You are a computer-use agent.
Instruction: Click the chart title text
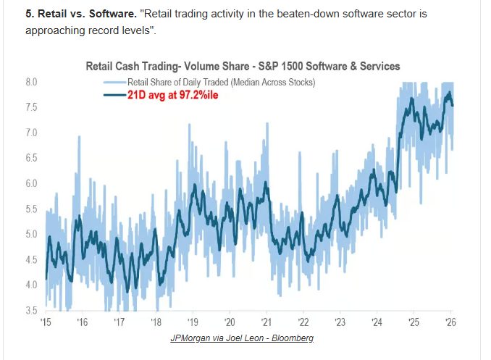tap(243, 67)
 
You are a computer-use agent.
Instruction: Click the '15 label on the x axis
tap(46, 322)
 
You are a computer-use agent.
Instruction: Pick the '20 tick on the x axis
tap(229, 322)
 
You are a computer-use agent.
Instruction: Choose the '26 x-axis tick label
tap(450, 322)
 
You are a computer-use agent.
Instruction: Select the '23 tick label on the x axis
tap(340, 322)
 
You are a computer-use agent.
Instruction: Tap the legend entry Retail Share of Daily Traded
tap(221, 82)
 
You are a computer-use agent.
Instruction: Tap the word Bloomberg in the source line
tap(290, 338)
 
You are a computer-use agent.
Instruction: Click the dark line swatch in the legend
tap(114, 94)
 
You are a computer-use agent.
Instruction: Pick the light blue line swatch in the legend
tap(114, 82)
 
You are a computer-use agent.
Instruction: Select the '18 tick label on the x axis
tap(156, 322)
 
